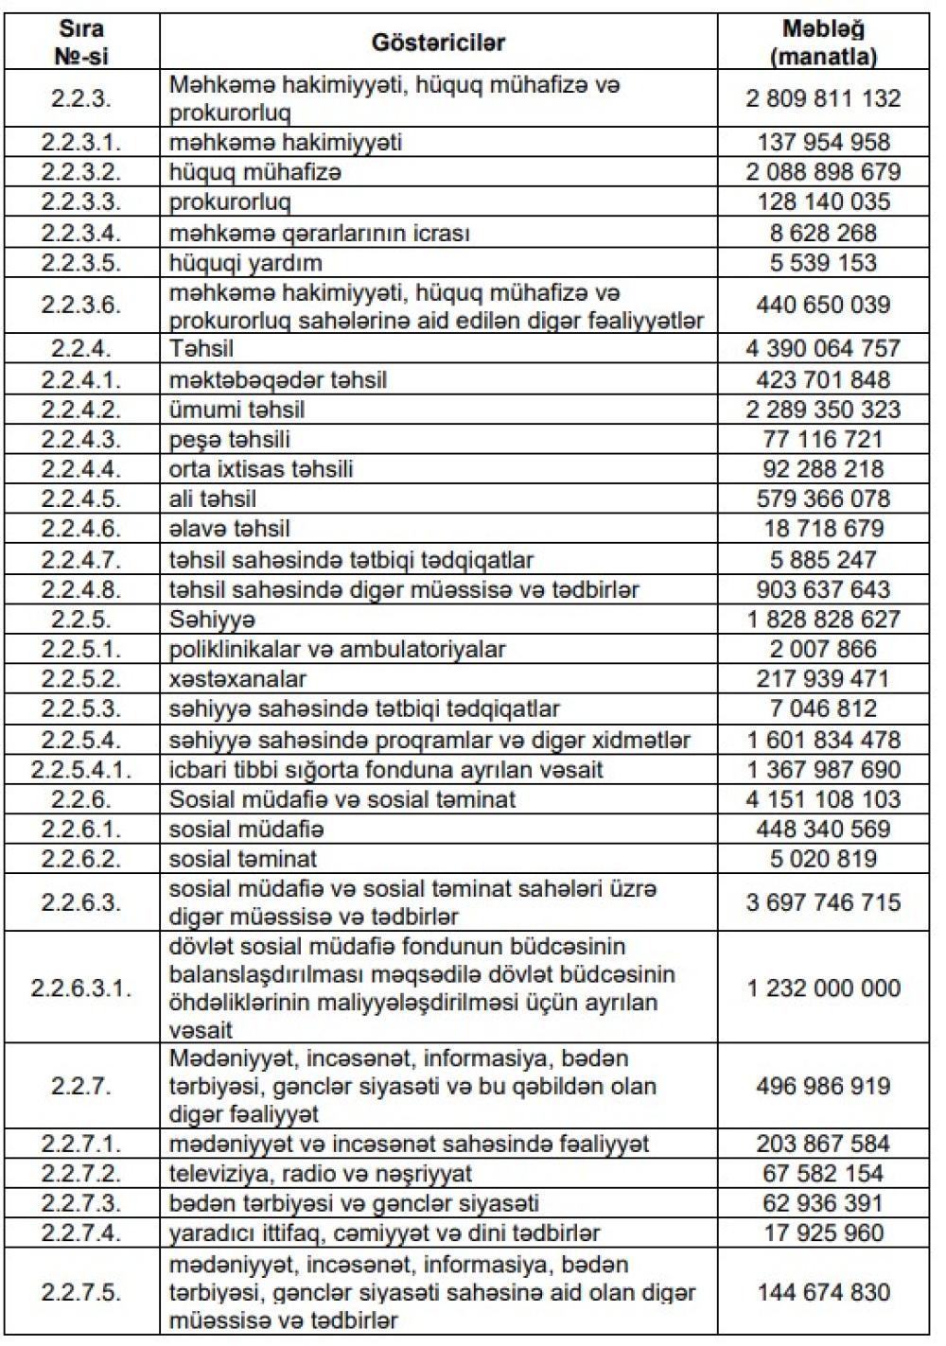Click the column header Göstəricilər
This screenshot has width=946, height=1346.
[x=438, y=43]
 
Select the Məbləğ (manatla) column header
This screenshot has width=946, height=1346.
[x=823, y=43]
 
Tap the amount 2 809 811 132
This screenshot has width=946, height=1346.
[x=823, y=98]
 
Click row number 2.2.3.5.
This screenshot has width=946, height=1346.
[x=81, y=262]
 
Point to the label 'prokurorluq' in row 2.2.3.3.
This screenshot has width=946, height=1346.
[x=230, y=202]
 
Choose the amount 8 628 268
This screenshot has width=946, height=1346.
[x=823, y=233]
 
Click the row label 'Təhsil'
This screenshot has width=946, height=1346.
[x=201, y=349]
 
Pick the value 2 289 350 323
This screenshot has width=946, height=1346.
[x=823, y=410]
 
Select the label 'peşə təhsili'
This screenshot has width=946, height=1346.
[x=230, y=440]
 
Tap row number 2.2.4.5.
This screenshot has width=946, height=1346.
[x=81, y=499]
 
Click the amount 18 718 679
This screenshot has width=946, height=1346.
[x=823, y=529]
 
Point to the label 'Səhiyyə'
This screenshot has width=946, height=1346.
[x=213, y=620]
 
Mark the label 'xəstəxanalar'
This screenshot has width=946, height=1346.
[x=237, y=679]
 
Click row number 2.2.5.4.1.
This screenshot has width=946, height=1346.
[x=81, y=770]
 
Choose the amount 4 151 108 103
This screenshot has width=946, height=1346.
[x=823, y=799]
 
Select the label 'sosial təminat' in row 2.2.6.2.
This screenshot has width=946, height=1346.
[x=243, y=860]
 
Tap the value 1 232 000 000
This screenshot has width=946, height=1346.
[x=823, y=988]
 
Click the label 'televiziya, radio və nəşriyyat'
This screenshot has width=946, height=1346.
[x=321, y=1174]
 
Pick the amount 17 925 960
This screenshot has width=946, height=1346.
[x=823, y=1233]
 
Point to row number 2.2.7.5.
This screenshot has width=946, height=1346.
[x=81, y=1293]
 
